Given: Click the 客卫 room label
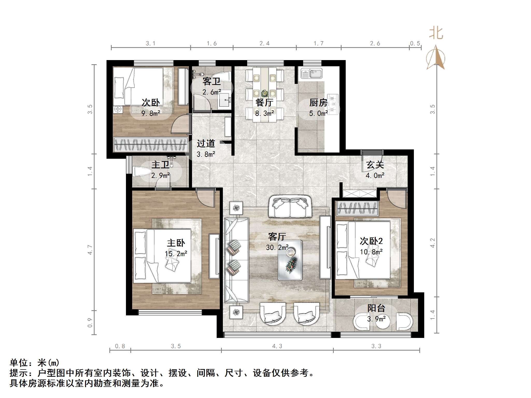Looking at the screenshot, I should (x=211, y=82).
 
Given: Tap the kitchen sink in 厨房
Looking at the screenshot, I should (x=311, y=73).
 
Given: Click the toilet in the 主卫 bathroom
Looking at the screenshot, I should (x=142, y=172).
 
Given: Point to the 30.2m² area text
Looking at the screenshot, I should (x=277, y=248).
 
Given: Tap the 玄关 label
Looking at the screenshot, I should (x=375, y=165).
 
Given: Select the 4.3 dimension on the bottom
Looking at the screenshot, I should (x=277, y=346).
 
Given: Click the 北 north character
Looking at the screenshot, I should (x=436, y=34).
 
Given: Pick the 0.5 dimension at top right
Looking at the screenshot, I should (x=415, y=44).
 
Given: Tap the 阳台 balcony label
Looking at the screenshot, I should (x=376, y=308).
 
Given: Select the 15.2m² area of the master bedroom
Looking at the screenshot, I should (x=176, y=254).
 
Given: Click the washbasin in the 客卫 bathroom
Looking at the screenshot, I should (x=225, y=100).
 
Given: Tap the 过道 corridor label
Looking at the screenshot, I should (x=206, y=143).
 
